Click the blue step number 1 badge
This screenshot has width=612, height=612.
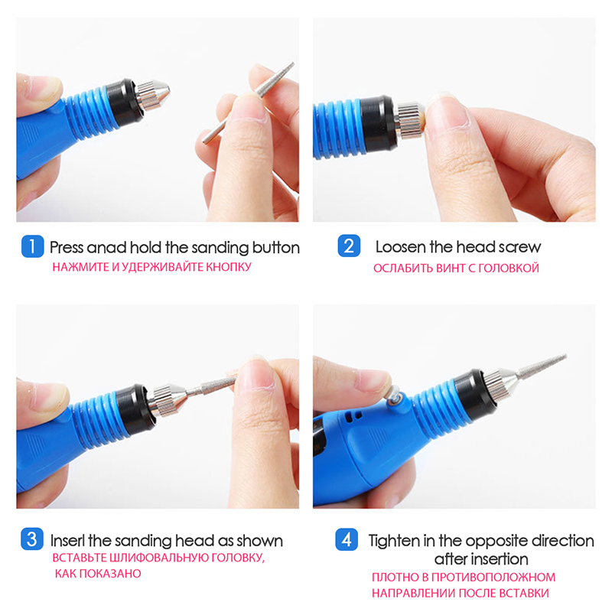tap(32, 246)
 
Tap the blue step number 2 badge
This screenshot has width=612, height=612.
tap(349, 246)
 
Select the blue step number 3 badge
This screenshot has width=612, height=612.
tap(32, 539)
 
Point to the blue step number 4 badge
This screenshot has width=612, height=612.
tap(347, 539)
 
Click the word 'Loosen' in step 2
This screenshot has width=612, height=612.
tap(400, 246)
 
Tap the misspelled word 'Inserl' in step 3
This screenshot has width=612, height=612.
tap(68, 541)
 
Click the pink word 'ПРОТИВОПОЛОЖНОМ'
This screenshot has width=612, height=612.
tap(493, 577)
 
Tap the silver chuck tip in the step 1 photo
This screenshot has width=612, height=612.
tap(152, 95)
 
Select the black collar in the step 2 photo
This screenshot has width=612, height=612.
tap(378, 124)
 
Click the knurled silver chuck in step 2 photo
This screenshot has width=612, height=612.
tap(409, 120)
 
